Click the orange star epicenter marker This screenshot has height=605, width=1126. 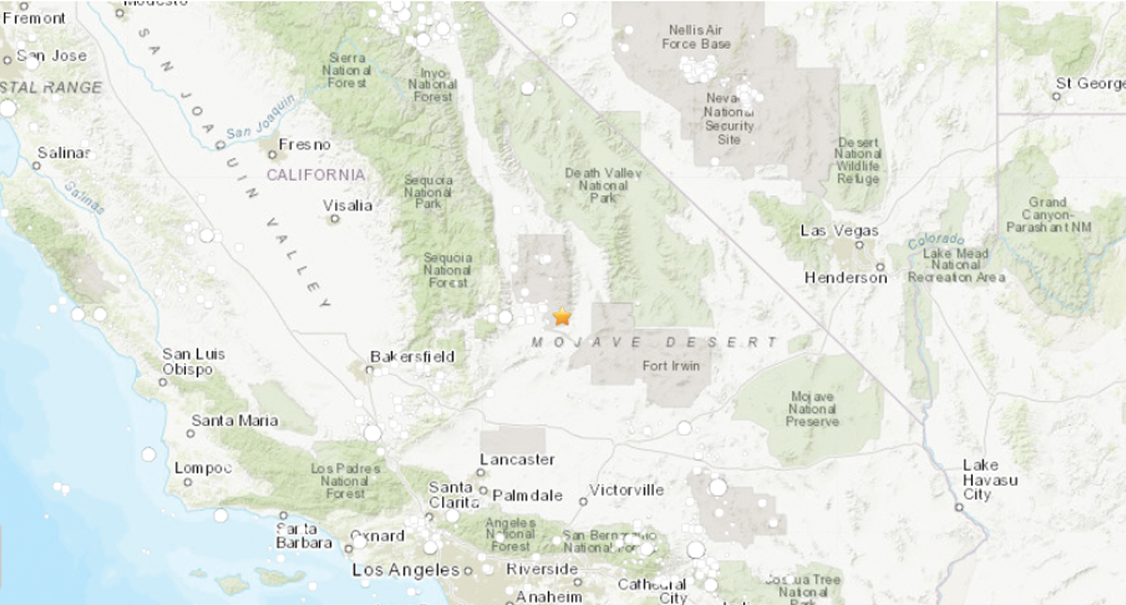(x=561, y=317)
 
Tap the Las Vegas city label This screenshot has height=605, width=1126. (x=839, y=231)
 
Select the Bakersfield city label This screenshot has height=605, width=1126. (x=412, y=356)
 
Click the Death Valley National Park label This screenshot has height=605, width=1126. (x=596, y=186)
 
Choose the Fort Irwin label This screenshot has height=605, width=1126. (x=671, y=366)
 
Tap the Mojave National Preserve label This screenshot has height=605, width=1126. (x=812, y=409)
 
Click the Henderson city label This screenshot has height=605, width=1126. (x=845, y=278)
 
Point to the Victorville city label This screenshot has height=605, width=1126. (x=626, y=490)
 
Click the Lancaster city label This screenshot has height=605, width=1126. (x=516, y=460)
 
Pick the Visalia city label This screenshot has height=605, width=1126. (x=347, y=205)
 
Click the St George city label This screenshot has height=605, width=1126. (x=1089, y=83)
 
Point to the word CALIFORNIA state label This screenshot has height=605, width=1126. (x=315, y=175)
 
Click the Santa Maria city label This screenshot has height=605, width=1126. (x=235, y=420)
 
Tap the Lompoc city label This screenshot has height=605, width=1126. (x=203, y=468)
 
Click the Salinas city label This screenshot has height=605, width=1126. (x=64, y=153)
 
